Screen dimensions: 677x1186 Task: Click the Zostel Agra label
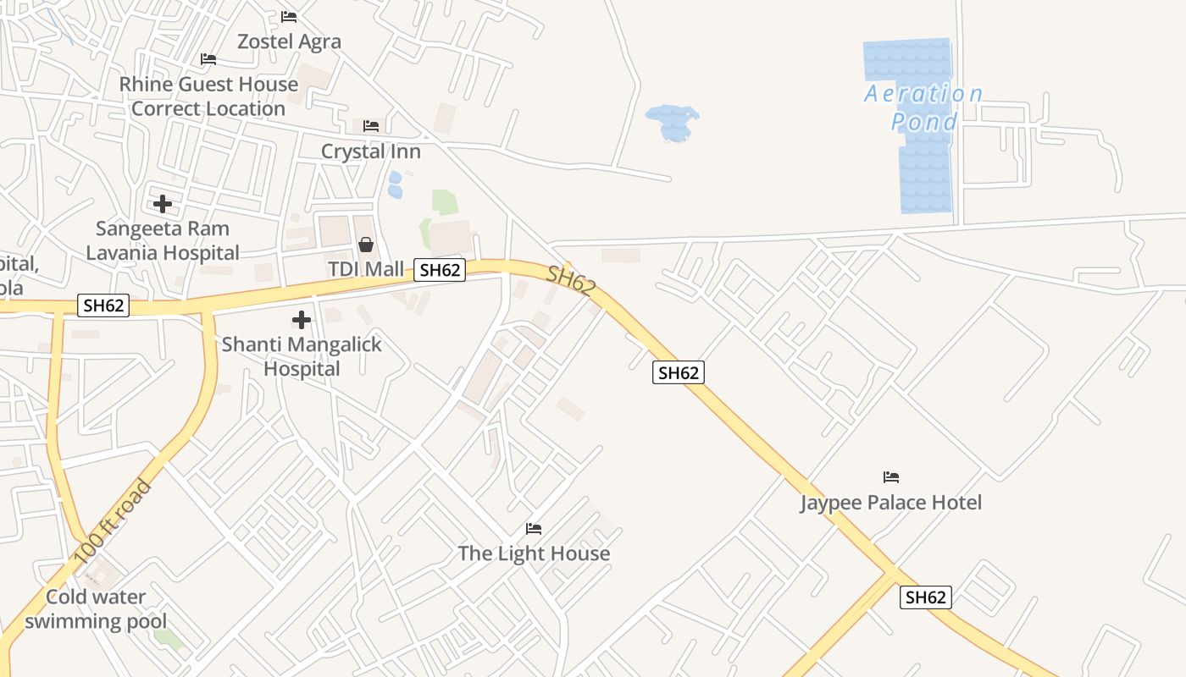(x=289, y=41)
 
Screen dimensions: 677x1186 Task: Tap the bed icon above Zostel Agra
(x=289, y=17)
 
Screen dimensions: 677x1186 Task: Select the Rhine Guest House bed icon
(x=208, y=59)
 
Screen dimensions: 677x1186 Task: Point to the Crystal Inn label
(x=370, y=151)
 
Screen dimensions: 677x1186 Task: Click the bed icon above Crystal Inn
(x=371, y=126)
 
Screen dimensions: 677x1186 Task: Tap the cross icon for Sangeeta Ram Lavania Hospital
(x=163, y=204)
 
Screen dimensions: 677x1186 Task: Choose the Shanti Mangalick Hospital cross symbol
(x=302, y=320)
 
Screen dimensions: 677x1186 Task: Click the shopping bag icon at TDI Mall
(x=366, y=245)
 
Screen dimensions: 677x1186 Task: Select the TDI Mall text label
(x=366, y=269)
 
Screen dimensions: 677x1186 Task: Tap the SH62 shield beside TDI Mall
(x=440, y=270)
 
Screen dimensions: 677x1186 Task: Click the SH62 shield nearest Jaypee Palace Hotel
(x=925, y=597)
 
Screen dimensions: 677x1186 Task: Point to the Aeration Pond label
(x=923, y=107)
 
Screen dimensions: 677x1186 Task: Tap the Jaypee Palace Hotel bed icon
(x=891, y=477)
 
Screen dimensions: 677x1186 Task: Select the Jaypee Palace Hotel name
(x=891, y=503)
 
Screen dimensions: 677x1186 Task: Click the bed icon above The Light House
(x=534, y=529)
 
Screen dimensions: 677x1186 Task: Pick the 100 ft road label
(x=113, y=522)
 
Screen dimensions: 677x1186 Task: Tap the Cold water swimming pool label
(x=96, y=608)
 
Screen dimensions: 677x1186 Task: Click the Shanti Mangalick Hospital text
(x=302, y=356)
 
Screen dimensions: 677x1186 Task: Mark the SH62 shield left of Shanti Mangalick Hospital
(x=103, y=305)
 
